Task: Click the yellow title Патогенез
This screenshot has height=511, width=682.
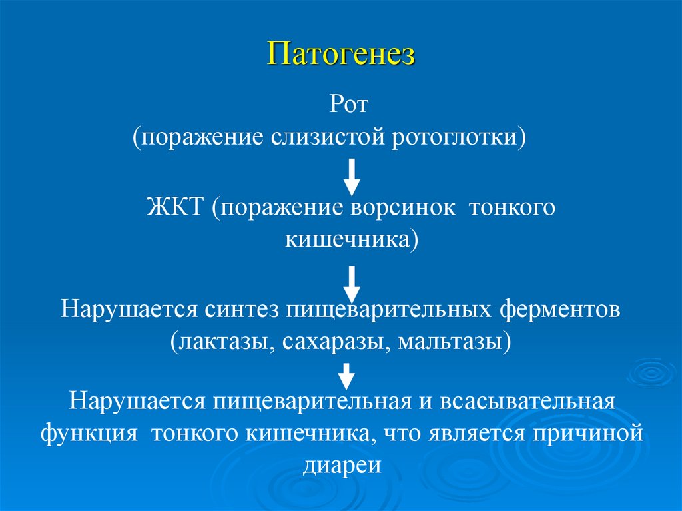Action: pos(341,54)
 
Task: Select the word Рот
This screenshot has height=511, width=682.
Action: pos(350,105)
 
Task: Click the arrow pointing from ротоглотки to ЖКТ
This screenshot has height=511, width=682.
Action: pos(351,177)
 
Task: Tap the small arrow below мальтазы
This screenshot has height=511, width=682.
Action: pos(345,376)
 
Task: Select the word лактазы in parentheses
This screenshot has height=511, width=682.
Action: pos(222,343)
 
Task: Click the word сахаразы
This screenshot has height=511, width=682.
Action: pos(330,343)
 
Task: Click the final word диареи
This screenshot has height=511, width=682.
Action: pos(341,464)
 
